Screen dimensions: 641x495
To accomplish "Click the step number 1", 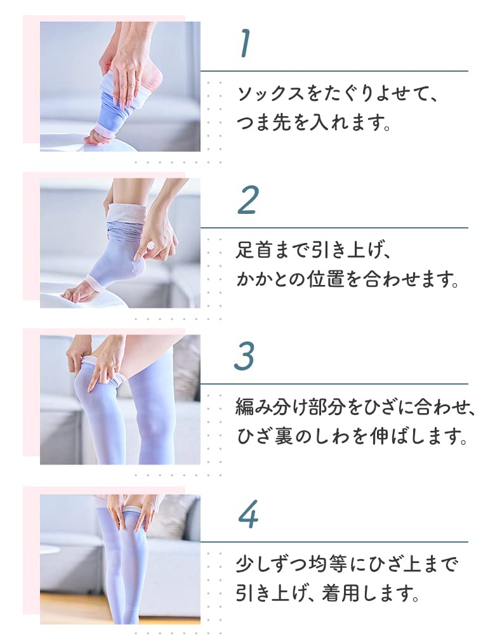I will coord(245,44).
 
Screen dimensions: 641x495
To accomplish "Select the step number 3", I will coord(245,357).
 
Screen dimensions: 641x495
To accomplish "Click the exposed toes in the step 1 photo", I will coord(96,136).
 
